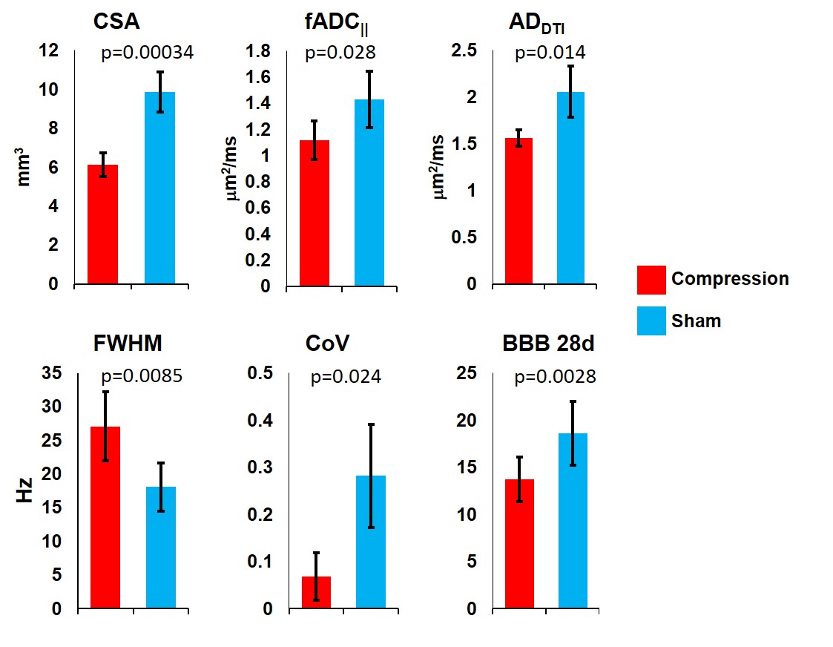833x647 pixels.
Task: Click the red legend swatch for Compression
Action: point(651,280)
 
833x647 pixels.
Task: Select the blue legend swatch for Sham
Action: point(651,321)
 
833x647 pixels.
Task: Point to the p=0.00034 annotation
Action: point(147,53)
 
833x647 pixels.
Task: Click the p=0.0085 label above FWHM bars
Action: point(138,376)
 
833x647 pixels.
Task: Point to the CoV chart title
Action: point(327,344)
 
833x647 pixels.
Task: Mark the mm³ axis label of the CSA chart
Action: point(25,168)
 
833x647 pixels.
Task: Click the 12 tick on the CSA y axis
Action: point(49,51)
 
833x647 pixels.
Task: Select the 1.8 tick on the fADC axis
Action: point(260,51)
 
